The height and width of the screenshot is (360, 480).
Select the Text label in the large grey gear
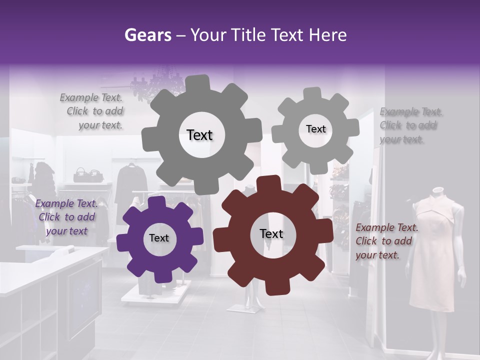tap(199, 135)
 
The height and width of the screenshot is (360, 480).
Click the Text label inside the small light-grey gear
tap(315, 129)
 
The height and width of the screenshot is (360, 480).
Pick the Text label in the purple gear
tap(159, 238)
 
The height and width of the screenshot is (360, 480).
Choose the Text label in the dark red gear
tap(271, 234)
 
